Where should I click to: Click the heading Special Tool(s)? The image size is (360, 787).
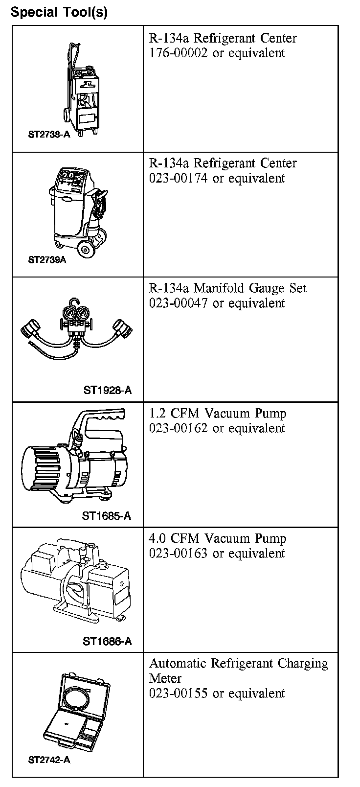tap(59, 12)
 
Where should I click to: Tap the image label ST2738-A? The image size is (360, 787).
tap(49, 135)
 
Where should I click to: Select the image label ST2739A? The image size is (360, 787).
tap(47, 259)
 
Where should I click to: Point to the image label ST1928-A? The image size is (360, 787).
tap(108, 390)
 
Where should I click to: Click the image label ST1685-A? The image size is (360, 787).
tap(107, 515)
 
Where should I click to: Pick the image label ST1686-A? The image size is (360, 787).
tap(107, 641)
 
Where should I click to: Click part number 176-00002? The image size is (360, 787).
tap(179, 53)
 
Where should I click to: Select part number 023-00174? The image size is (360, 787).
tap(179, 178)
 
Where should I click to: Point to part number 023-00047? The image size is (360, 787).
tap(179, 303)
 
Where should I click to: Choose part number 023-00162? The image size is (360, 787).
tap(179, 428)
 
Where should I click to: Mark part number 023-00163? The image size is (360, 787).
tap(179, 554)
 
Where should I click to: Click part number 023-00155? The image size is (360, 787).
tap(179, 693)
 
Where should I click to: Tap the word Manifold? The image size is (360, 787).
tap(219, 288)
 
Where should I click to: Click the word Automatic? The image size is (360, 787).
tap(178, 663)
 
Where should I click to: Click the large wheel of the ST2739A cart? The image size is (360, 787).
tap(85, 250)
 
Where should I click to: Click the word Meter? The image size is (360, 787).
tap(165, 678)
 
